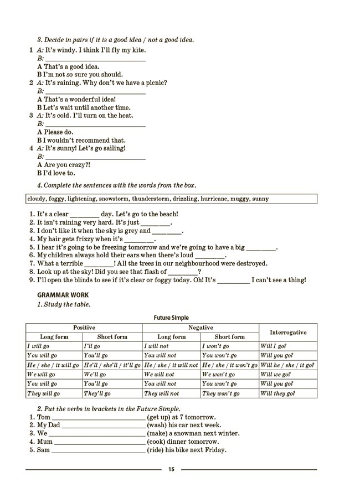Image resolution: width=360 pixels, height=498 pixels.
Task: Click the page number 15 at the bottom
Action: click(171, 469)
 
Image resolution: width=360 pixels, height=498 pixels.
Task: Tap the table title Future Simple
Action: click(171, 318)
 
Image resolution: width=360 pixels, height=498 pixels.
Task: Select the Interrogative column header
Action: click(288, 332)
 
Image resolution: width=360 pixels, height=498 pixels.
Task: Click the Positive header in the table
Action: click(84, 328)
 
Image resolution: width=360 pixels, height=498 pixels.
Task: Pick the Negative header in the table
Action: click(200, 328)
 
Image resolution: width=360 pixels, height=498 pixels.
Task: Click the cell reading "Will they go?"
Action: click(277, 393)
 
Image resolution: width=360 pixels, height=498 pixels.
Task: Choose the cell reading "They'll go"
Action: click(97, 393)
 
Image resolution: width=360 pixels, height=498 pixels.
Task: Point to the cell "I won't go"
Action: click(215, 346)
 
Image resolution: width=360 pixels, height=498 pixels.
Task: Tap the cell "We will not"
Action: click(158, 375)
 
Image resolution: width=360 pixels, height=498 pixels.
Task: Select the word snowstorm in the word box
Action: click(112, 199)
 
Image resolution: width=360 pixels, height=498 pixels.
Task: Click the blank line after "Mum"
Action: click(100, 442)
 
